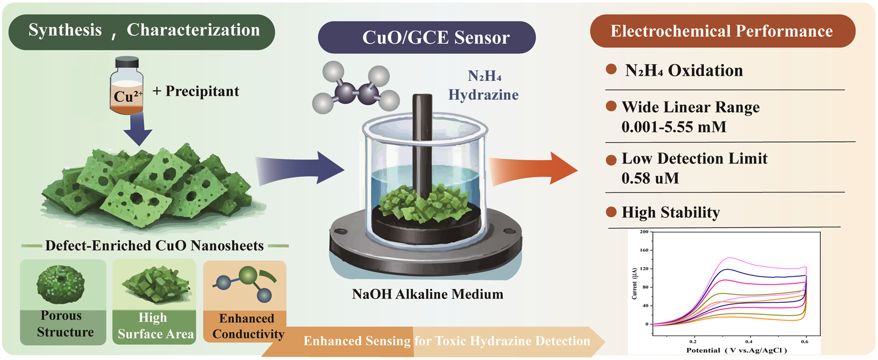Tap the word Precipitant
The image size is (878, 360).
(202, 91)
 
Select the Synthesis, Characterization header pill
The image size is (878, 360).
(142, 31)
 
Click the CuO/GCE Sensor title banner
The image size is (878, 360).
(426, 37)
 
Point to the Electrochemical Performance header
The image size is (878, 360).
(722, 31)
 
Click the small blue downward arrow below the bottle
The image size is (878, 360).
(138, 129)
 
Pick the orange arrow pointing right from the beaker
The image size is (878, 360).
(533, 168)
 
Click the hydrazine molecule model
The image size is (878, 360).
(356, 89)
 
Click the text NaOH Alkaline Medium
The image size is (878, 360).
(427, 294)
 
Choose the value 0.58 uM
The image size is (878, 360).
(650, 178)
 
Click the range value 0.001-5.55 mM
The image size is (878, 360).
(674, 127)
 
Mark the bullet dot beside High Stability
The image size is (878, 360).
(611, 212)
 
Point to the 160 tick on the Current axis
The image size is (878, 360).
(644, 250)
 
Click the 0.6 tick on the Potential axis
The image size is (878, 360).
(805, 341)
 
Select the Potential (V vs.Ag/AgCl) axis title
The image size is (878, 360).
(737, 350)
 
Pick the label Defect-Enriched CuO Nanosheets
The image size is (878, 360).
(154, 245)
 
